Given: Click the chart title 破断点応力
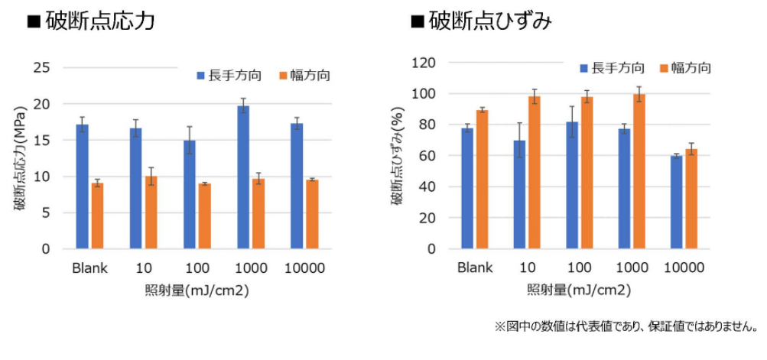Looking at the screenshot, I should coord(100,21).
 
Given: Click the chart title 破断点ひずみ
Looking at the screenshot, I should coord(489,21).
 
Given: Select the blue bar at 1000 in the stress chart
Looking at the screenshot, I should coord(244,177).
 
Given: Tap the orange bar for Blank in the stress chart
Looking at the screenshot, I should coord(97,216).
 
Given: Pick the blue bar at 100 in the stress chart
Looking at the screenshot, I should coord(190,195).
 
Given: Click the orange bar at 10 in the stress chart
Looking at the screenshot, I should coord(151,212).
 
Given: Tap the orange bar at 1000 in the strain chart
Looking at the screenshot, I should coord(639,172).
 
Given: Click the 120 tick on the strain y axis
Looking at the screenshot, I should coord(423,63).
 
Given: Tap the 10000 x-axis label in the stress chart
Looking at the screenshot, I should coord(304,268).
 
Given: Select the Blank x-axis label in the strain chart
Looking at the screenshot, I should coord(474,268).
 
